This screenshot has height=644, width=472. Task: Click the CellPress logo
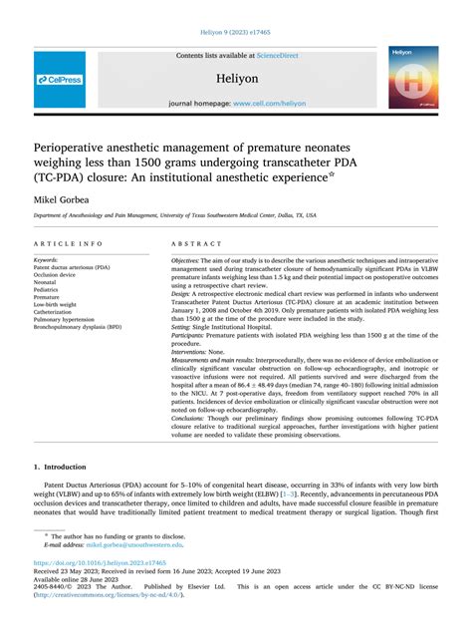pos(59,79)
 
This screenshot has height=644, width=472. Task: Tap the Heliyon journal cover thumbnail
pos(413,77)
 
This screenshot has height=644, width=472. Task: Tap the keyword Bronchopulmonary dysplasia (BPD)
pos(91,327)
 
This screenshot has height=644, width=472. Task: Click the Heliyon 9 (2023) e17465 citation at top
pos(236,32)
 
